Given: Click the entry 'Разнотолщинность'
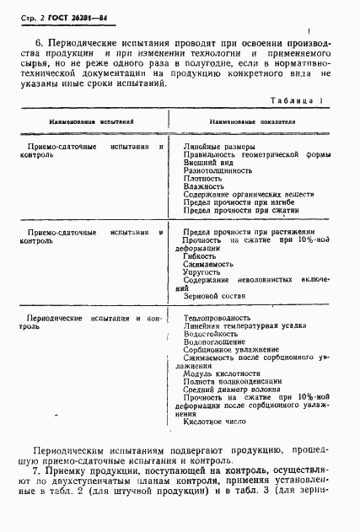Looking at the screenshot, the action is pos(218,170).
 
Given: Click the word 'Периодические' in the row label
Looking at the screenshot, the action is pos(56,319).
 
